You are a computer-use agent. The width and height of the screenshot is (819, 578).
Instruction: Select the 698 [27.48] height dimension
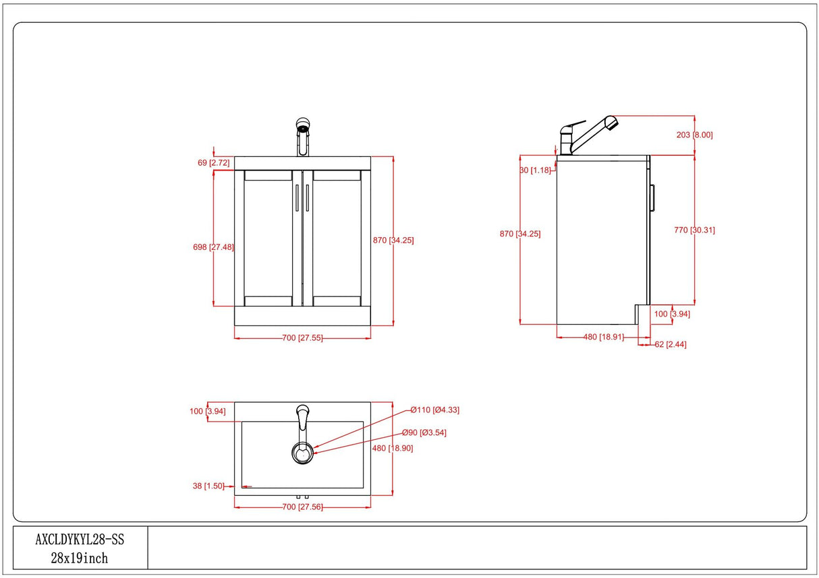point(194,247)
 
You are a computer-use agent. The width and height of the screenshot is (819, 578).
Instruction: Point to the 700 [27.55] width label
point(302,338)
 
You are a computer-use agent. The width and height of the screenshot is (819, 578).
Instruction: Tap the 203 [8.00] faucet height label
point(694,135)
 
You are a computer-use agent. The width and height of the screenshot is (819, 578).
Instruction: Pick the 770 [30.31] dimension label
point(694,230)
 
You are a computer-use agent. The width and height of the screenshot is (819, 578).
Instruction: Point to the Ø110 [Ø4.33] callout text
point(435,410)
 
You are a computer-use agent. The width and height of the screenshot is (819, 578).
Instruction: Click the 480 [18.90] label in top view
point(392,448)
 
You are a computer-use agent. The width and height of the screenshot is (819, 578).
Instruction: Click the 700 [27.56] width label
point(302,507)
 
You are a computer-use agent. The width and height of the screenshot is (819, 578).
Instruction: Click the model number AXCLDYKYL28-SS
point(80,540)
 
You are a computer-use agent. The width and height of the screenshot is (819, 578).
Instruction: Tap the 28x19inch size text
point(80,558)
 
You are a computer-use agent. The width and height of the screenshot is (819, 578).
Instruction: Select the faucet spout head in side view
point(610,123)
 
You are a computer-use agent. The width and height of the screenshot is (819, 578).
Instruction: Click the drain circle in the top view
point(302,453)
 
